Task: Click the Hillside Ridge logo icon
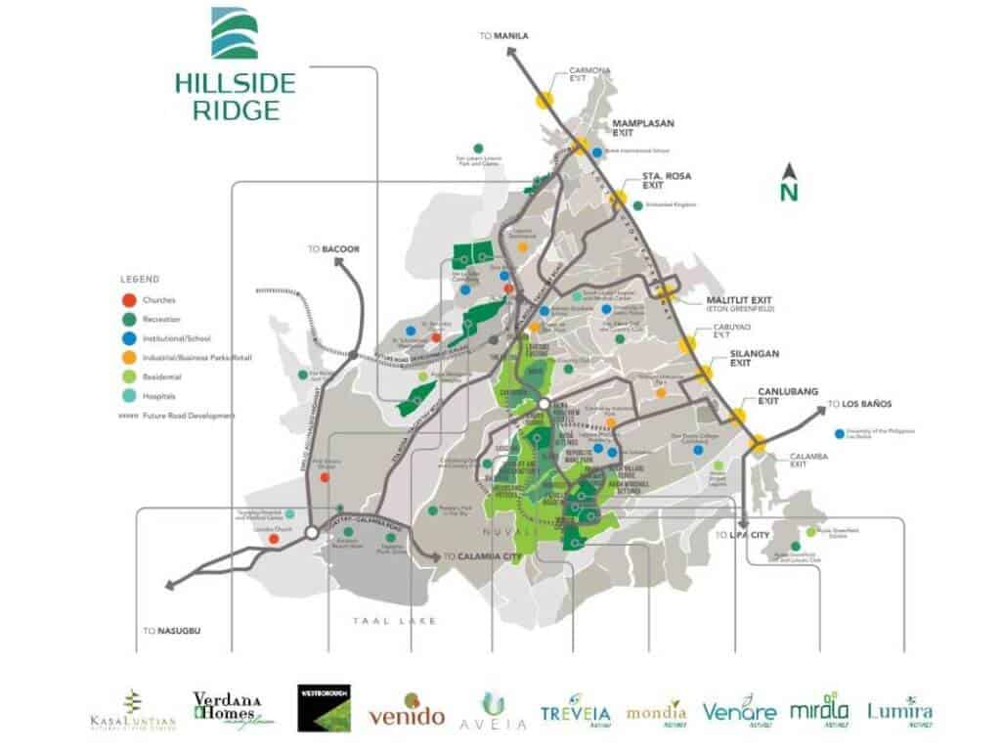[235, 34]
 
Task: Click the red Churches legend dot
[127, 300]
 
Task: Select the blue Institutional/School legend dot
[127, 338]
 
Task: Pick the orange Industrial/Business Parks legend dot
[127, 358]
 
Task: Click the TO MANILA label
[503, 36]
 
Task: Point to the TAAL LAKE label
[396, 621]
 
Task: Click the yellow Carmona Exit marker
[544, 100]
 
